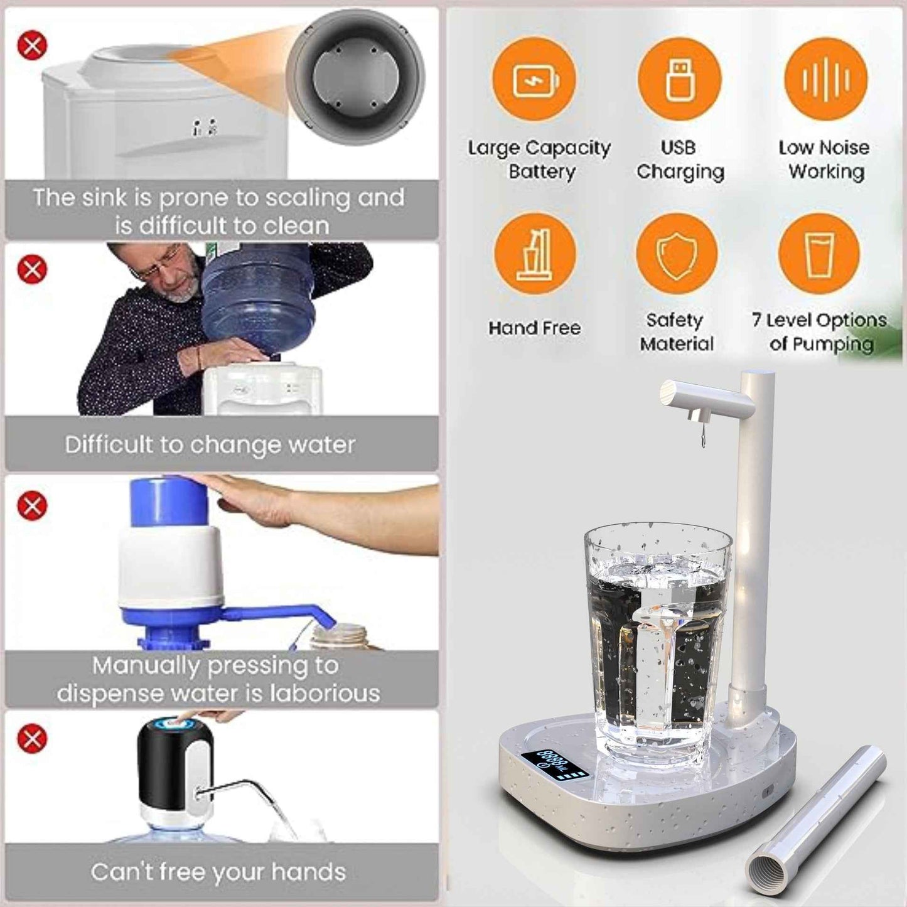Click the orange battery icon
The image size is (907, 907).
(x=534, y=80)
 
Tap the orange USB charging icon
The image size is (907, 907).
(x=679, y=80)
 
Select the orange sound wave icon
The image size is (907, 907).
(x=825, y=80)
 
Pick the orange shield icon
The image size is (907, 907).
(x=677, y=255)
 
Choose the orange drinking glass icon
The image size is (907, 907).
(x=819, y=255)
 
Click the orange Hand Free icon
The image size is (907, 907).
(x=535, y=255)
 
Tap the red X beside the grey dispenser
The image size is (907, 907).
(x=32, y=46)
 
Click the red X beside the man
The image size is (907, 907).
(x=32, y=270)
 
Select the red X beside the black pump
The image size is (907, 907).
(x=32, y=739)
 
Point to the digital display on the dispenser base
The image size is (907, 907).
(x=555, y=763)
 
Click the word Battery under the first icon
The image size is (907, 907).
(x=542, y=171)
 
